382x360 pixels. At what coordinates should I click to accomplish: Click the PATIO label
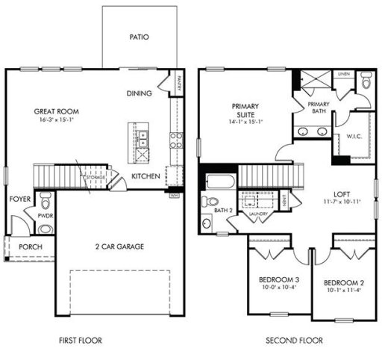(139, 35)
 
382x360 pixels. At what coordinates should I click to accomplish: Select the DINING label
(140, 93)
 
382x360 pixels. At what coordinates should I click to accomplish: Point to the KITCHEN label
(145, 176)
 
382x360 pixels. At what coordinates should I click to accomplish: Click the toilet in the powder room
(46, 201)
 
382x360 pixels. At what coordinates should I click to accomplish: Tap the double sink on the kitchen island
(140, 137)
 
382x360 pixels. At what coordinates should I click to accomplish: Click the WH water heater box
(173, 196)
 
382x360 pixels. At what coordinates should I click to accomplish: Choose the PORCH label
(31, 247)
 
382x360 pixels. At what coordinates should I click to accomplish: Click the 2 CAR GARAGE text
(119, 246)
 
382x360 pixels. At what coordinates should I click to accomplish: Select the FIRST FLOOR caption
(80, 341)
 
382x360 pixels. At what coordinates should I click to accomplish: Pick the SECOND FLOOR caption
(294, 341)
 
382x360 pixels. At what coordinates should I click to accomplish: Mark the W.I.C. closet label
(354, 136)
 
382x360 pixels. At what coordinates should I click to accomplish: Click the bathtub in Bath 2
(219, 181)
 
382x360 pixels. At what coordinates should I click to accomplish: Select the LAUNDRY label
(258, 214)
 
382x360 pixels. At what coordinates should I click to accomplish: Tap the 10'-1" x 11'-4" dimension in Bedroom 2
(344, 291)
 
